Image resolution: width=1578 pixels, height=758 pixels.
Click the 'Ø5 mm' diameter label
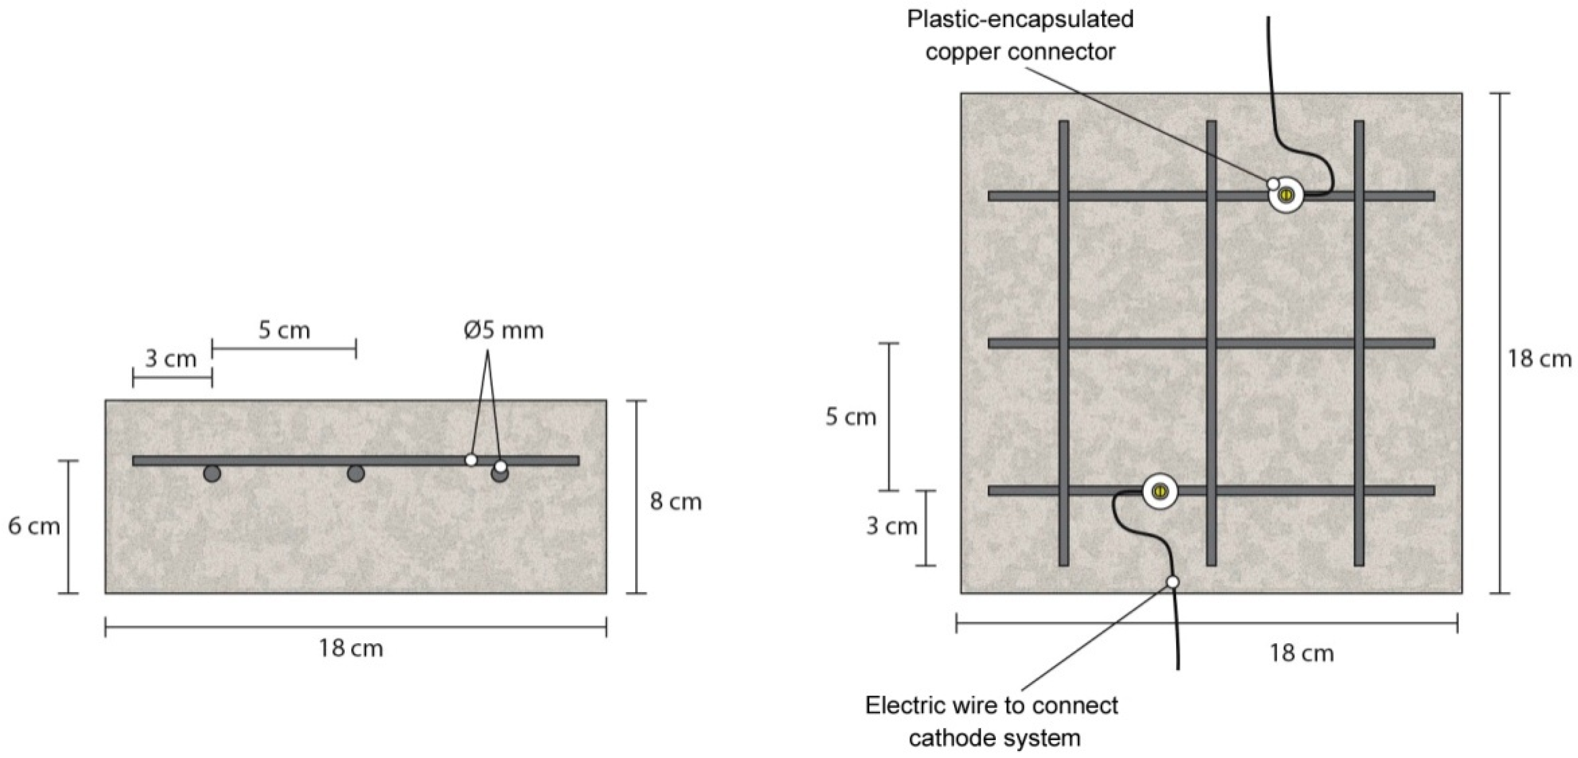(504, 331)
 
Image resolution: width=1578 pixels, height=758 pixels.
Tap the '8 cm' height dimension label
(675, 502)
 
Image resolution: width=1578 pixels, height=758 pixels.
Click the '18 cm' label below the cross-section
(350, 648)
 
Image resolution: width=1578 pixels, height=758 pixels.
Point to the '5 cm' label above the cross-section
(284, 331)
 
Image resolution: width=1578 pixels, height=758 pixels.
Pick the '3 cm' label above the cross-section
(170, 359)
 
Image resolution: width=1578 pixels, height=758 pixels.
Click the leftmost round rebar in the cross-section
(212, 473)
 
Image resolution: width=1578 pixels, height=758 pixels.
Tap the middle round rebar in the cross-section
(356, 473)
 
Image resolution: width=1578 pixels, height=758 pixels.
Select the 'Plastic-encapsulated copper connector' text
(1020, 36)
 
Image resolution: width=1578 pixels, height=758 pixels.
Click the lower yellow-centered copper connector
(1160, 491)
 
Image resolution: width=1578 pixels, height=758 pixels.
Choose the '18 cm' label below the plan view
(1301, 653)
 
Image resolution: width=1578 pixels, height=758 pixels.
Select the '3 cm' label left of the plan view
(891, 527)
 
